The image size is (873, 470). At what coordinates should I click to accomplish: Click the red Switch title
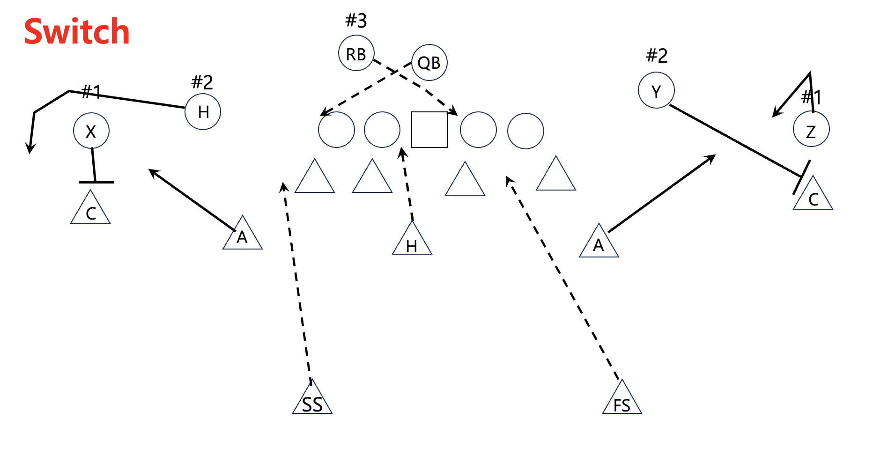coord(77,32)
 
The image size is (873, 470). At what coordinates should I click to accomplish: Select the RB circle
coord(356,53)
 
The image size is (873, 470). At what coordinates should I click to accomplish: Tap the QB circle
coord(429,62)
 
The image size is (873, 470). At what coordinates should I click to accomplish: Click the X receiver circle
coord(91,131)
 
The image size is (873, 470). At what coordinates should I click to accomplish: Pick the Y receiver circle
coord(656,90)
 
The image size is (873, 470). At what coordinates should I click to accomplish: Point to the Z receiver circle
coord(811,129)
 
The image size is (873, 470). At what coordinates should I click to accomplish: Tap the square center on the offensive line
coord(429,130)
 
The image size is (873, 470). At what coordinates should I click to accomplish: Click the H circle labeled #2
coord(203,111)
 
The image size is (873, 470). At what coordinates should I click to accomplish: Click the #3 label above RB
coord(356,21)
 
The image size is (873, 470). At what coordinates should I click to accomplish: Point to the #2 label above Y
coord(657,56)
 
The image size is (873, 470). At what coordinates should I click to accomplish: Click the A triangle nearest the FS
coord(599,244)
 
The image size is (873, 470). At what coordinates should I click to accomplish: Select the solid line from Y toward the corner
coord(735,141)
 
